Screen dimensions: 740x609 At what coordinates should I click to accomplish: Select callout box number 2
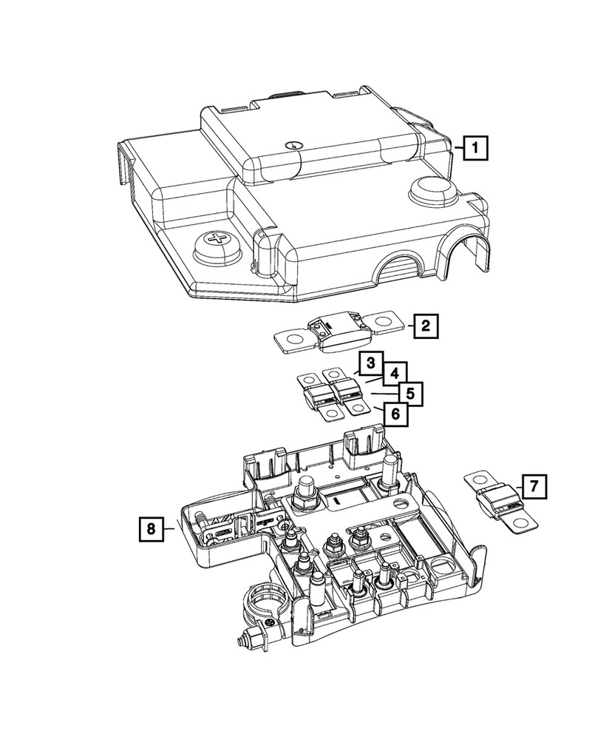click(424, 325)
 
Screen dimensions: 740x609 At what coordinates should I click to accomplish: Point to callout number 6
click(395, 414)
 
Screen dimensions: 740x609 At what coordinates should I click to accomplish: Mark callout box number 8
click(150, 528)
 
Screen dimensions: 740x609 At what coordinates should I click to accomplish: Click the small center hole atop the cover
click(293, 145)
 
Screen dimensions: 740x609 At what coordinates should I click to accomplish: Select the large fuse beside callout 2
click(337, 330)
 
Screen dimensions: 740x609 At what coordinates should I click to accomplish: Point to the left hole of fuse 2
click(290, 342)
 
